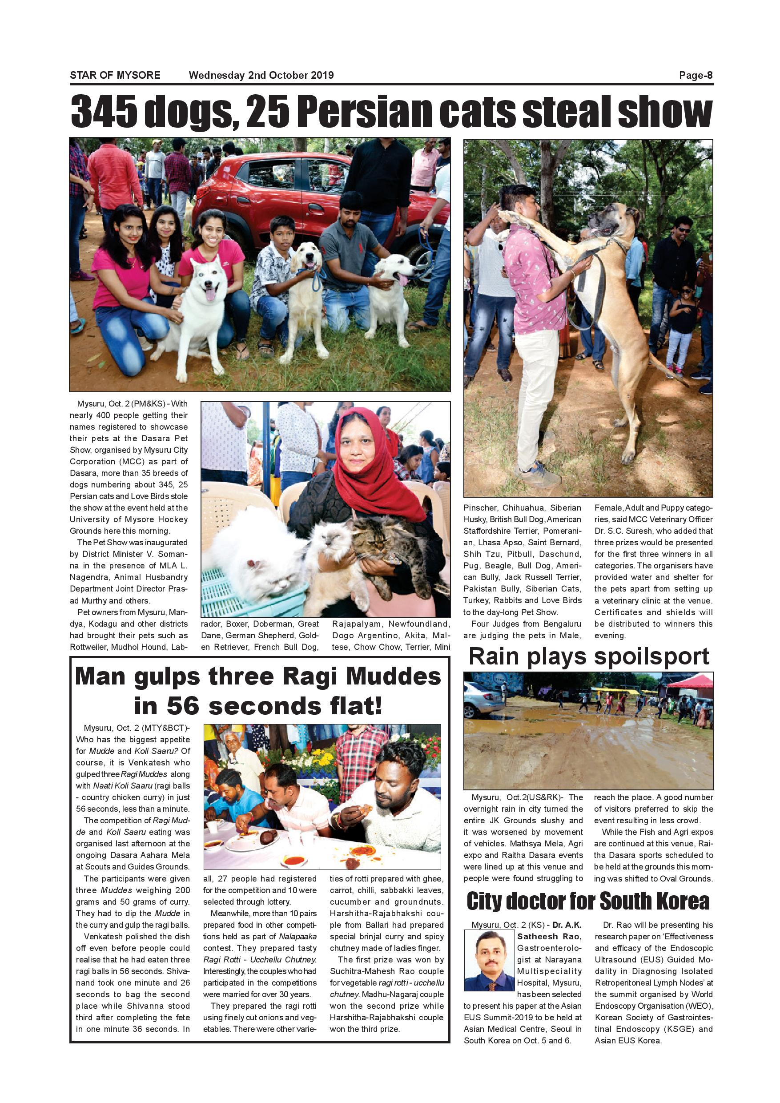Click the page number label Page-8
(x=696, y=76)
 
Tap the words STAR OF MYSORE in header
(x=115, y=76)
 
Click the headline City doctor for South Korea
(x=588, y=901)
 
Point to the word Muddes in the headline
(x=394, y=677)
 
